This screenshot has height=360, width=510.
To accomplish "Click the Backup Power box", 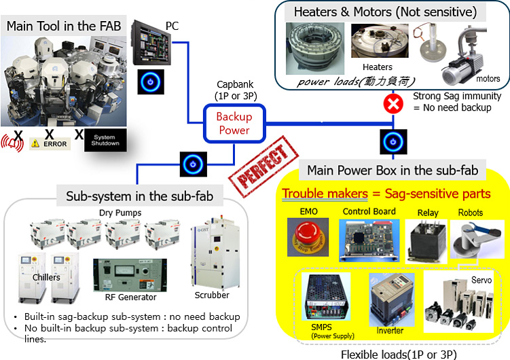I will point(234,123).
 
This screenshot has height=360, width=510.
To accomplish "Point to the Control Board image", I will point(369,241).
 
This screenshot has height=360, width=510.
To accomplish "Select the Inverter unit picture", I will point(387,299).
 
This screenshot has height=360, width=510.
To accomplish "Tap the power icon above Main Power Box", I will point(392,141).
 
